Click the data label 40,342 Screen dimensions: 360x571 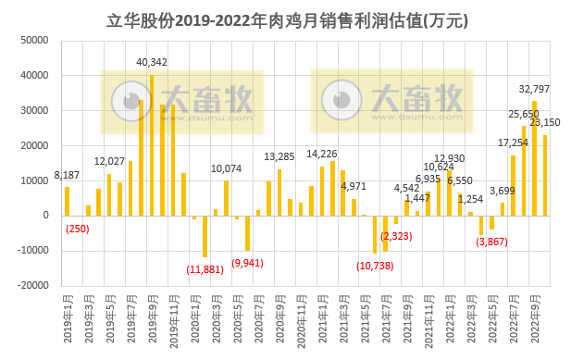click(x=152, y=62)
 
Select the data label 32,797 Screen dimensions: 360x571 click(x=534, y=89)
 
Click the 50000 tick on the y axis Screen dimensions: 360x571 click(x=34, y=41)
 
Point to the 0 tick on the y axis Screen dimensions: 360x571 click(x=44, y=216)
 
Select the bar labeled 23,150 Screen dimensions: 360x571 click(x=544, y=175)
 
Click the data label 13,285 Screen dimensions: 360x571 click(x=279, y=156)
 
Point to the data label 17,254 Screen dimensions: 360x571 click(x=513, y=143)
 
